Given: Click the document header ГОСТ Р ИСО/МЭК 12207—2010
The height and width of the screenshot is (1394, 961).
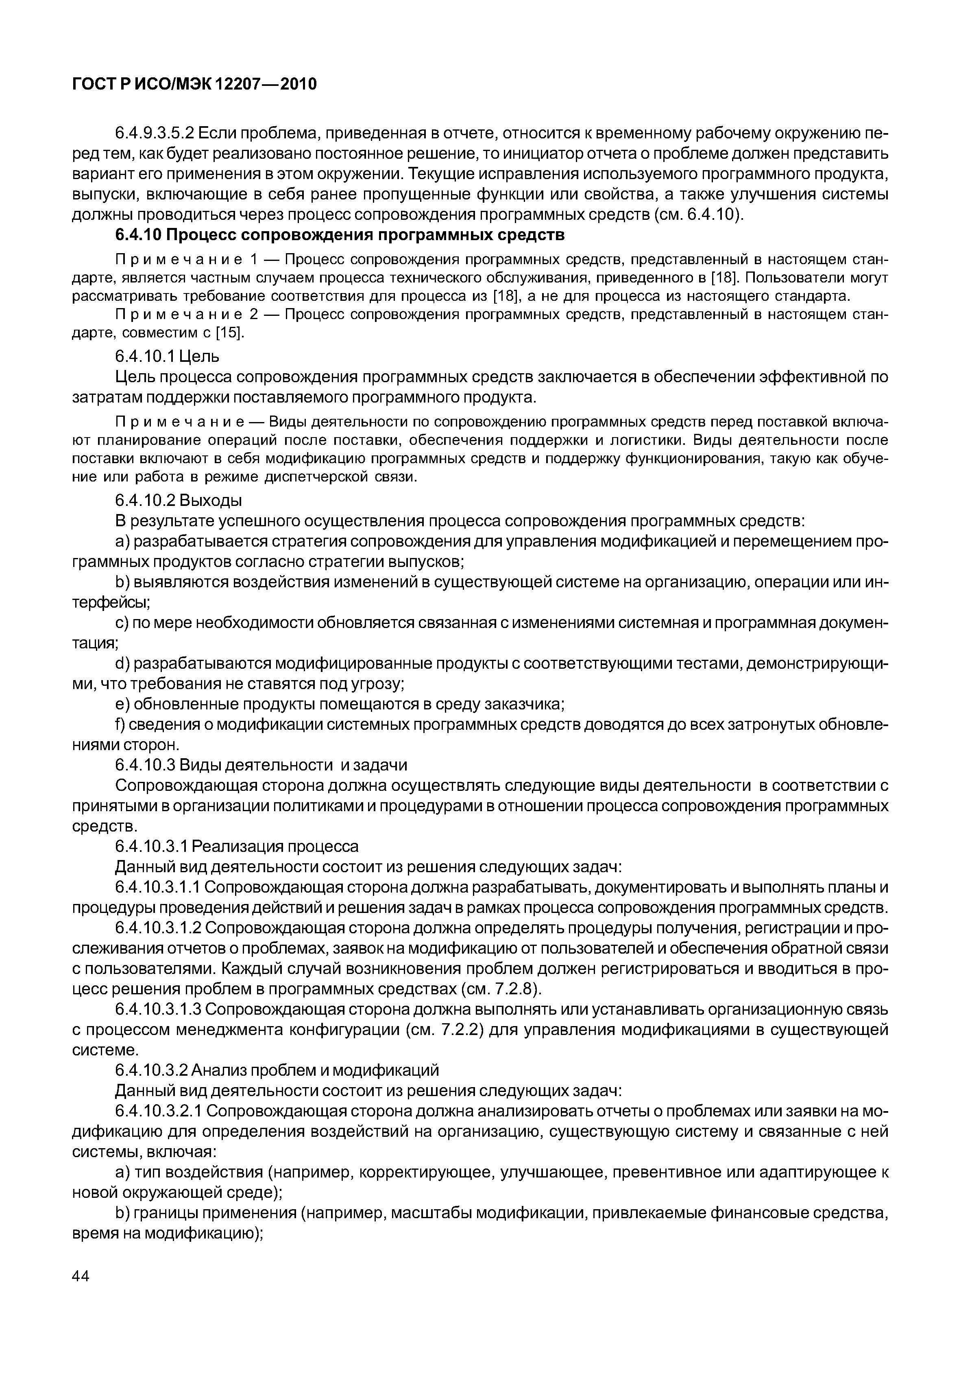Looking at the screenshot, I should tap(194, 84).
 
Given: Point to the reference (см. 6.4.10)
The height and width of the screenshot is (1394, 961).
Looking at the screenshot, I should tap(698, 215).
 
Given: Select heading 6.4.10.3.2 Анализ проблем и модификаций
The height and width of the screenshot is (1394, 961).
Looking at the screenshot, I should tap(277, 1070).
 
